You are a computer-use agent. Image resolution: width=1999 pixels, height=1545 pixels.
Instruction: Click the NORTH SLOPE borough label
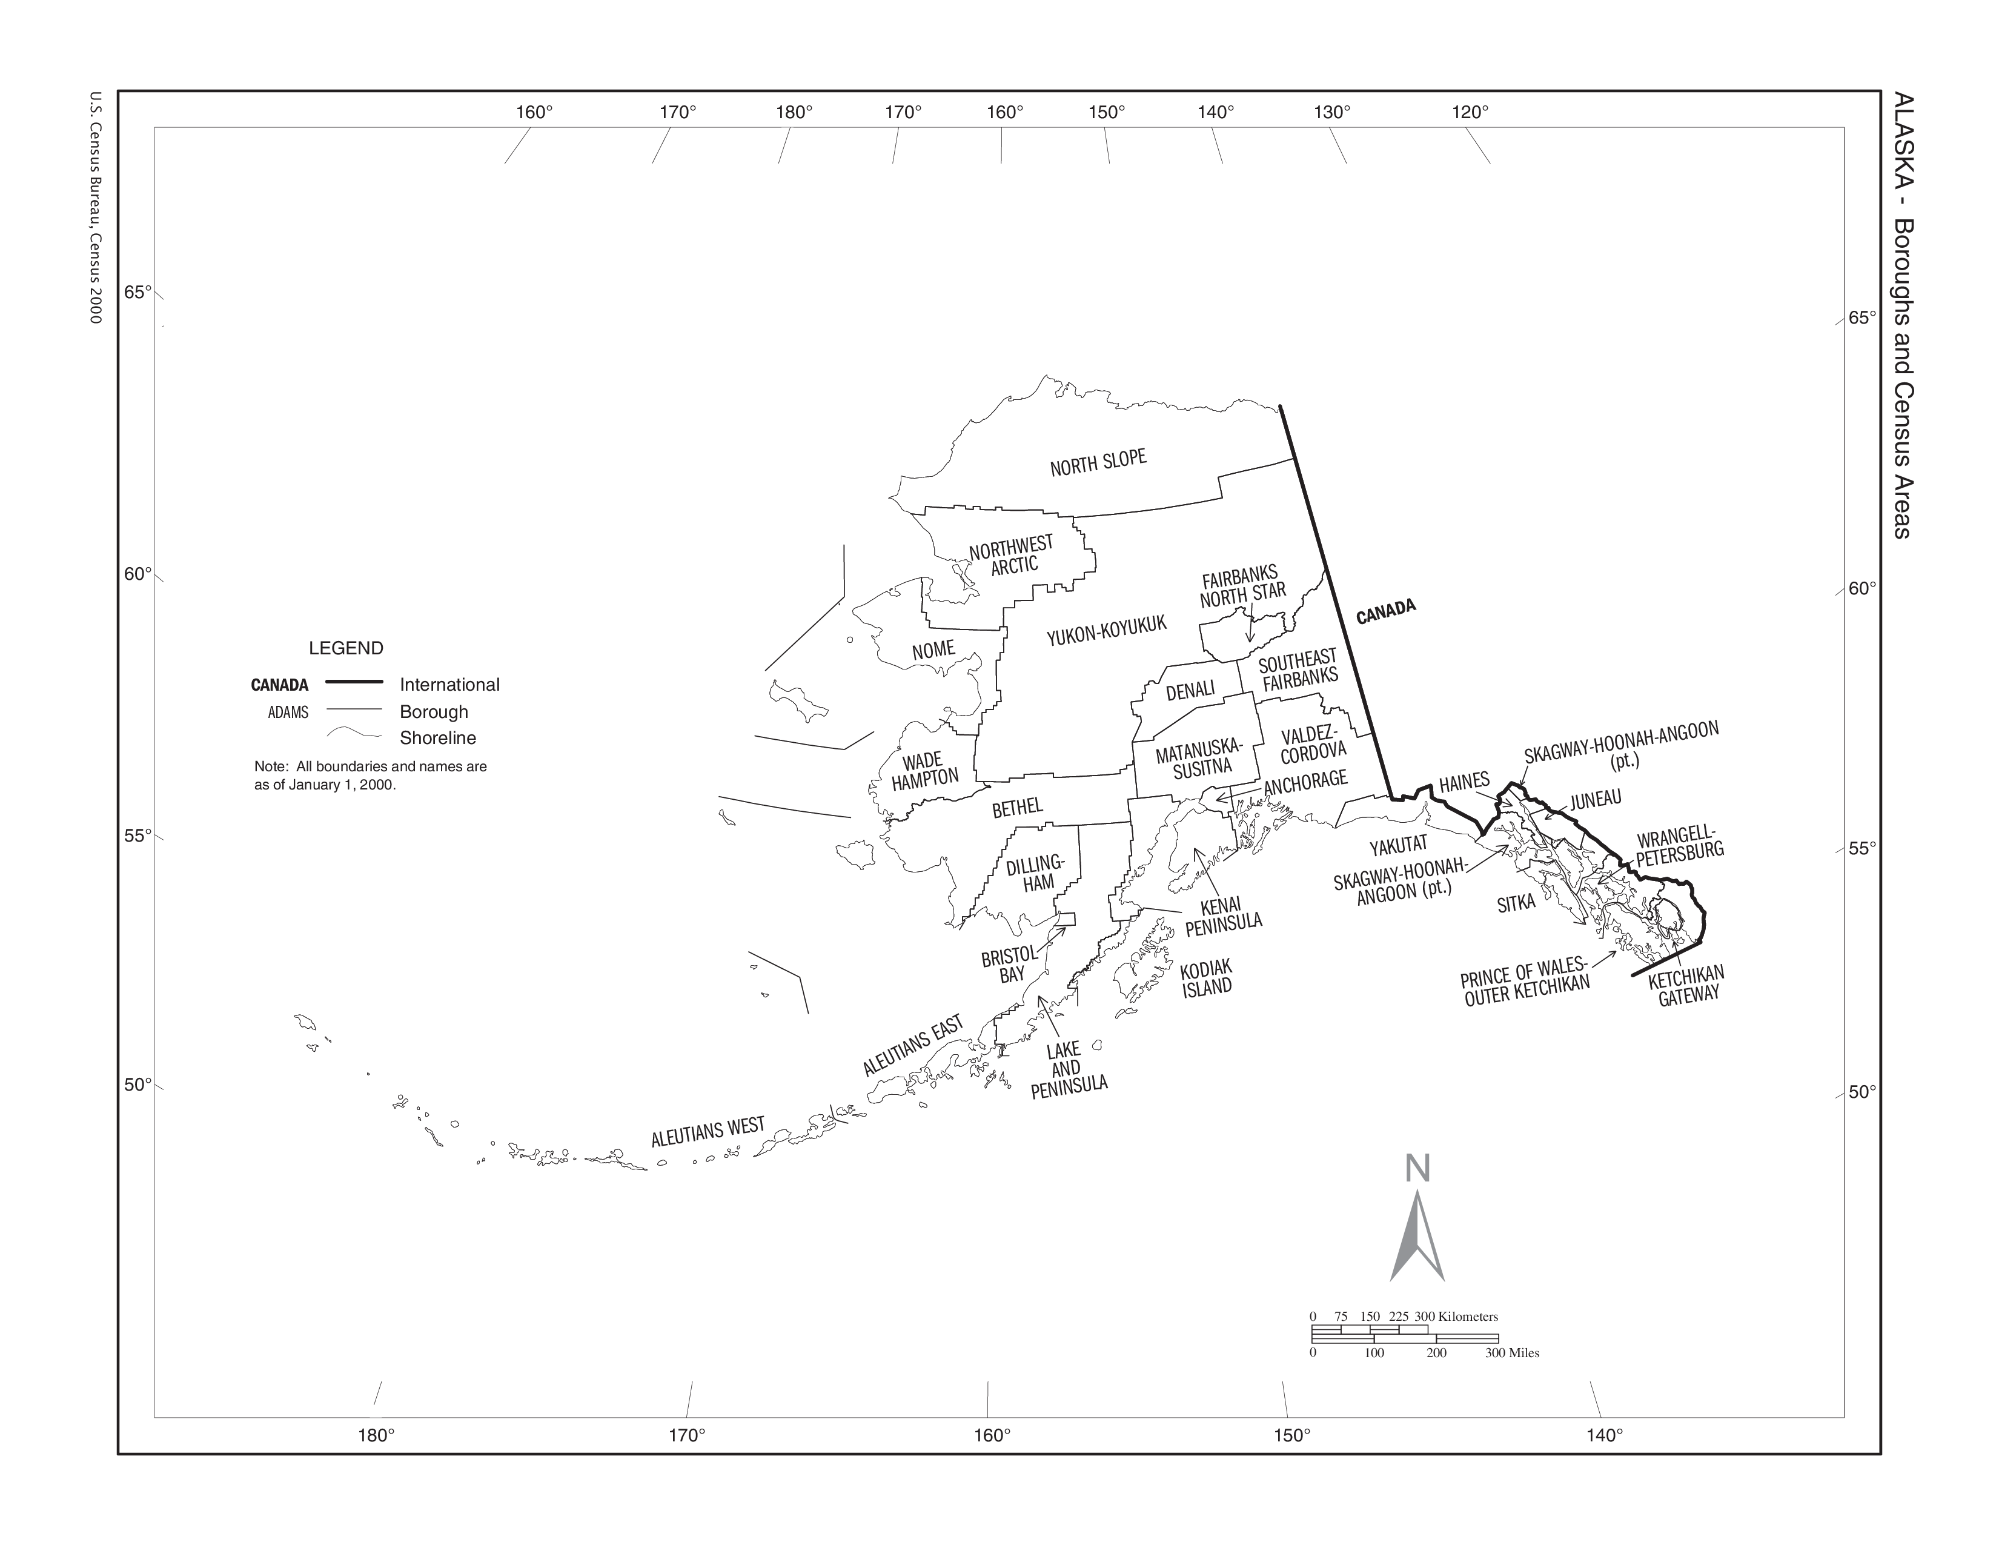click(1098, 462)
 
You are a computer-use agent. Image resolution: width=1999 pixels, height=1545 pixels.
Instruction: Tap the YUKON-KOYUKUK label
click(1107, 630)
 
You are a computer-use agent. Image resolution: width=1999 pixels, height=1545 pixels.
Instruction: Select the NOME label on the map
click(933, 651)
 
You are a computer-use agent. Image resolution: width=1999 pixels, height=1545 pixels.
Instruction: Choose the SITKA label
click(1516, 903)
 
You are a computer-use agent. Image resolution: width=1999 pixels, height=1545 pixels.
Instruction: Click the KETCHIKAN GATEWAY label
click(1686, 985)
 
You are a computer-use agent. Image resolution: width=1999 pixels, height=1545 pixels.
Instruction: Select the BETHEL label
click(1017, 807)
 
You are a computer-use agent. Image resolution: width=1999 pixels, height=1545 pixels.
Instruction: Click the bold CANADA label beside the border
click(1386, 611)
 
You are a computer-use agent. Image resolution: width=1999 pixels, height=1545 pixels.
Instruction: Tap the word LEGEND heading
click(346, 648)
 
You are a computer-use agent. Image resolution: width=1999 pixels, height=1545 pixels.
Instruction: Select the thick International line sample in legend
click(354, 682)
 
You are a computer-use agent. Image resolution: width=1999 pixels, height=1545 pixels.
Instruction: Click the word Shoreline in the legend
click(437, 738)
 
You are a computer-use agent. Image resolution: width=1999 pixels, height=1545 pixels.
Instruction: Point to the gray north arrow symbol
click(1417, 1235)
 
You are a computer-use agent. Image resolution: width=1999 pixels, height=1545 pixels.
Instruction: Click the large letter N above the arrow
click(1417, 1169)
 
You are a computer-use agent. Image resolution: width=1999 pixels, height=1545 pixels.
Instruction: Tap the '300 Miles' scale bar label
click(1511, 1353)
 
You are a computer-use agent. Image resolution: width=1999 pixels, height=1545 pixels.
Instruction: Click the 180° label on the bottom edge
click(376, 1434)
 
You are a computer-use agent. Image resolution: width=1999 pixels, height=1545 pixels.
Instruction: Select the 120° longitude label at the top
click(1470, 111)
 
